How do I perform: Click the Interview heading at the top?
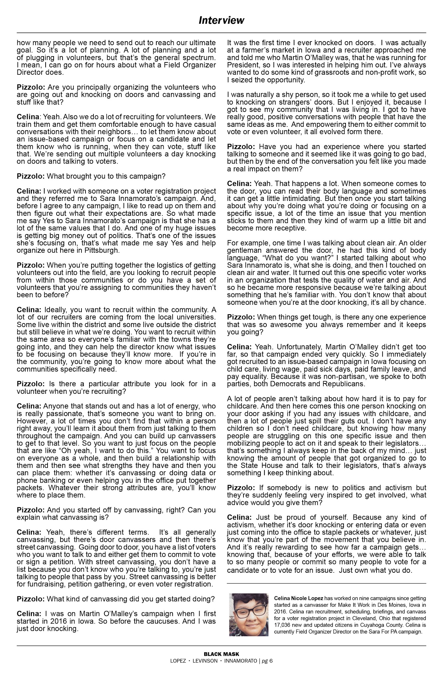click(221, 21)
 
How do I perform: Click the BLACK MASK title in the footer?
click(221, 654)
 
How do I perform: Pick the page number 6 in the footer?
click(271, 660)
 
